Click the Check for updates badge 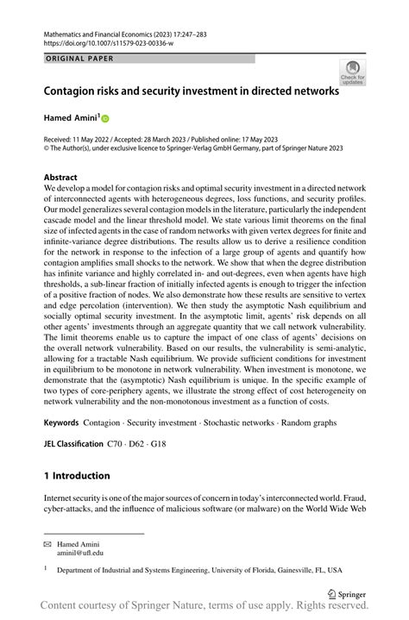click(x=352, y=73)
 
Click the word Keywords click(x=61, y=424)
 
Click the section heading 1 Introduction click(x=77, y=475)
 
